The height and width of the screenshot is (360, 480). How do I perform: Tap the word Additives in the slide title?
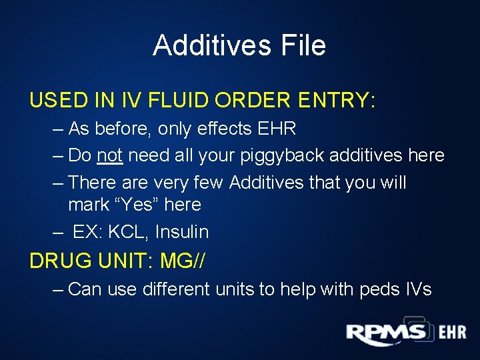click(208, 45)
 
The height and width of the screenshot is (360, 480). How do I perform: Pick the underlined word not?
click(109, 155)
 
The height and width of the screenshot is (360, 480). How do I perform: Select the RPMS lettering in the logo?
click(385, 333)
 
